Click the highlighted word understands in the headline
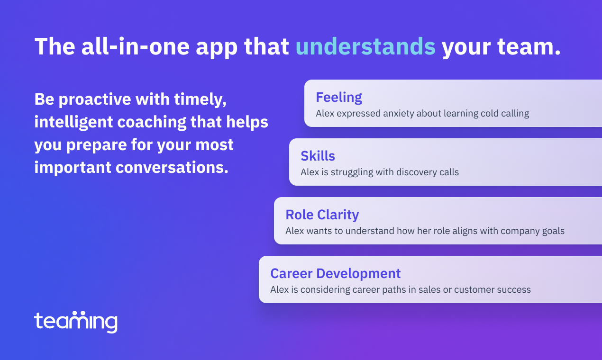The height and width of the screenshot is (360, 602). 365,46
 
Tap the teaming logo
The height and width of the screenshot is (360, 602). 76,322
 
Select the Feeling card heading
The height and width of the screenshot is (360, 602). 339,98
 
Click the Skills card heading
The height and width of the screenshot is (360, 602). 318,156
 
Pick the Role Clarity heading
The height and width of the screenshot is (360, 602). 322,215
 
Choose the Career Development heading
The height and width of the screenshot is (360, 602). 336,273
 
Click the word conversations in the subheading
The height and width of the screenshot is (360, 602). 172,167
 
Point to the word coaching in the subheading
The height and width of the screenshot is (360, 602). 152,122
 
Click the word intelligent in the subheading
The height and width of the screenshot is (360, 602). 73,122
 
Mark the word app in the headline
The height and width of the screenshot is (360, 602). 217,48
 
